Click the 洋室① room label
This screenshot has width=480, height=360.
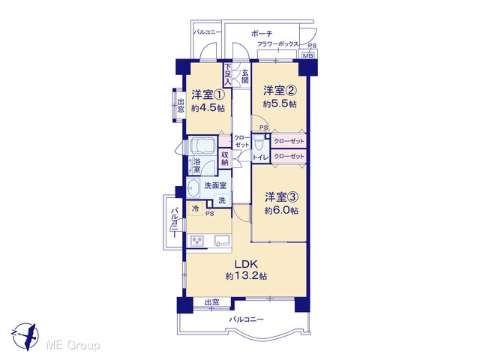pyautogui.click(x=208, y=94)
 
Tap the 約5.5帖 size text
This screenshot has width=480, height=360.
pyautogui.click(x=280, y=104)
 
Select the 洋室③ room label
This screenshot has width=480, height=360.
pyautogui.click(x=281, y=197)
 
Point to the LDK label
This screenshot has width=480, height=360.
pyautogui.click(x=247, y=264)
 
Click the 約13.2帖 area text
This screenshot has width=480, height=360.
pyautogui.click(x=247, y=276)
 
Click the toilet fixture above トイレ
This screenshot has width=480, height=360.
pyautogui.click(x=259, y=142)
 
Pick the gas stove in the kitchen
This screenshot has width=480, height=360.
pyautogui.click(x=197, y=240)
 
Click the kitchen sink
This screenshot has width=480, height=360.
pyautogui.click(x=223, y=240)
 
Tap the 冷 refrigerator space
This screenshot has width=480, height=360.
pyautogui.click(x=195, y=208)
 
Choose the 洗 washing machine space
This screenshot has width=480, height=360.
pyautogui.click(x=222, y=200)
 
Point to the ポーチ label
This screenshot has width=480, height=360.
pyautogui.click(x=262, y=33)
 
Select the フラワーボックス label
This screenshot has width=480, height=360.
pyautogui.click(x=277, y=44)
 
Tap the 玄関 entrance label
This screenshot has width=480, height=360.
pyautogui.click(x=245, y=76)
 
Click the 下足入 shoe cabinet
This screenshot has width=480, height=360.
pyautogui.click(x=227, y=74)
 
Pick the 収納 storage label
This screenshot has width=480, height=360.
pyautogui.click(x=225, y=158)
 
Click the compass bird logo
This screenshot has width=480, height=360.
pyautogui.click(x=25, y=337)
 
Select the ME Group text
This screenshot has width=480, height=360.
pyautogui.click(x=73, y=346)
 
